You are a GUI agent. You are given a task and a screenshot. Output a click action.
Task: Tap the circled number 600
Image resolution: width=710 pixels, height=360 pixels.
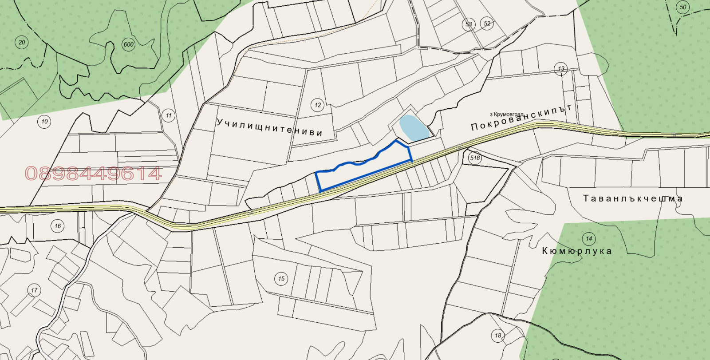pyautogui.click(x=128, y=44)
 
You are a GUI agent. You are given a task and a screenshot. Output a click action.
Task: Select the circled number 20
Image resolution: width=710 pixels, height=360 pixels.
pyautogui.click(x=22, y=43)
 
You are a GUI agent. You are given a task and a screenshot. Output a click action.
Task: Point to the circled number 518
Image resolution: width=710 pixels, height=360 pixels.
pyautogui.click(x=475, y=158)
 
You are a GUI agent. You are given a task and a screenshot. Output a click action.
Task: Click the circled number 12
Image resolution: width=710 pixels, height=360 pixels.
pyautogui.click(x=318, y=105)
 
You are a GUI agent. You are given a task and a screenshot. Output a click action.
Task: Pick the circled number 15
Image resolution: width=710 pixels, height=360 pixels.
pyautogui.click(x=281, y=279)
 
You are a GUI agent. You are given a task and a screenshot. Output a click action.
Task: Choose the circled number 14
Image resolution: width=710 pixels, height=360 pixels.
pyautogui.click(x=589, y=238)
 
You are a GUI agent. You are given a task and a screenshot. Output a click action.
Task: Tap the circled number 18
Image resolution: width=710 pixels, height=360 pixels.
pyautogui.click(x=498, y=335)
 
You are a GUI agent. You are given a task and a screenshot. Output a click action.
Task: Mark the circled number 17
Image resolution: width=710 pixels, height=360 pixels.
pyautogui.click(x=34, y=291)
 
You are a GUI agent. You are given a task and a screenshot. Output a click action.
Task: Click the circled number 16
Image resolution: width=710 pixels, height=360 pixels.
pyautogui.click(x=58, y=226)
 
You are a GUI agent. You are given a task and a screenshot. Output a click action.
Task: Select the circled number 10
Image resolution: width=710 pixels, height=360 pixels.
pyautogui.click(x=44, y=122)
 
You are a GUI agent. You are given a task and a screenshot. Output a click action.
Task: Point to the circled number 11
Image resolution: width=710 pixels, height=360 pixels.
pyautogui.click(x=169, y=116)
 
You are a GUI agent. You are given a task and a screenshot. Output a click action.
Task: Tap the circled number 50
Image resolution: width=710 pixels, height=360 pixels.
pyautogui.click(x=683, y=7)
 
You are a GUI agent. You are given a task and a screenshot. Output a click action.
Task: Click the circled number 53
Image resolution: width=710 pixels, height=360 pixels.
pyautogui.click(x=469, y=24)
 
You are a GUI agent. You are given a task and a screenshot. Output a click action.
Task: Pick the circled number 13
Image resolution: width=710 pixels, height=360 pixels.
pyautogui.click(x=561, y=68)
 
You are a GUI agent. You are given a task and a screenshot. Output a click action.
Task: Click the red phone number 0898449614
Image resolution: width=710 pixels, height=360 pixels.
pyautogui.click(x=93, y=174)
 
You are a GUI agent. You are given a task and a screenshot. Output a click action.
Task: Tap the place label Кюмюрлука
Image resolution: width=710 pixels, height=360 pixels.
pyautogui.click(x=577, y=251)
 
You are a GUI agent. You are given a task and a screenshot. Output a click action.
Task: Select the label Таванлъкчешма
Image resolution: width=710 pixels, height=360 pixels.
pyautogui.click(x=633, y=198)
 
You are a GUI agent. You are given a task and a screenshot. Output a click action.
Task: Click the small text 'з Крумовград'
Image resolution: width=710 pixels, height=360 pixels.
pyautogui.click(x=507, y=115)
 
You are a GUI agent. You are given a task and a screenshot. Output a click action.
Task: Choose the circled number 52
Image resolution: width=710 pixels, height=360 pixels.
pyautogui.click(x=487, y=24)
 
